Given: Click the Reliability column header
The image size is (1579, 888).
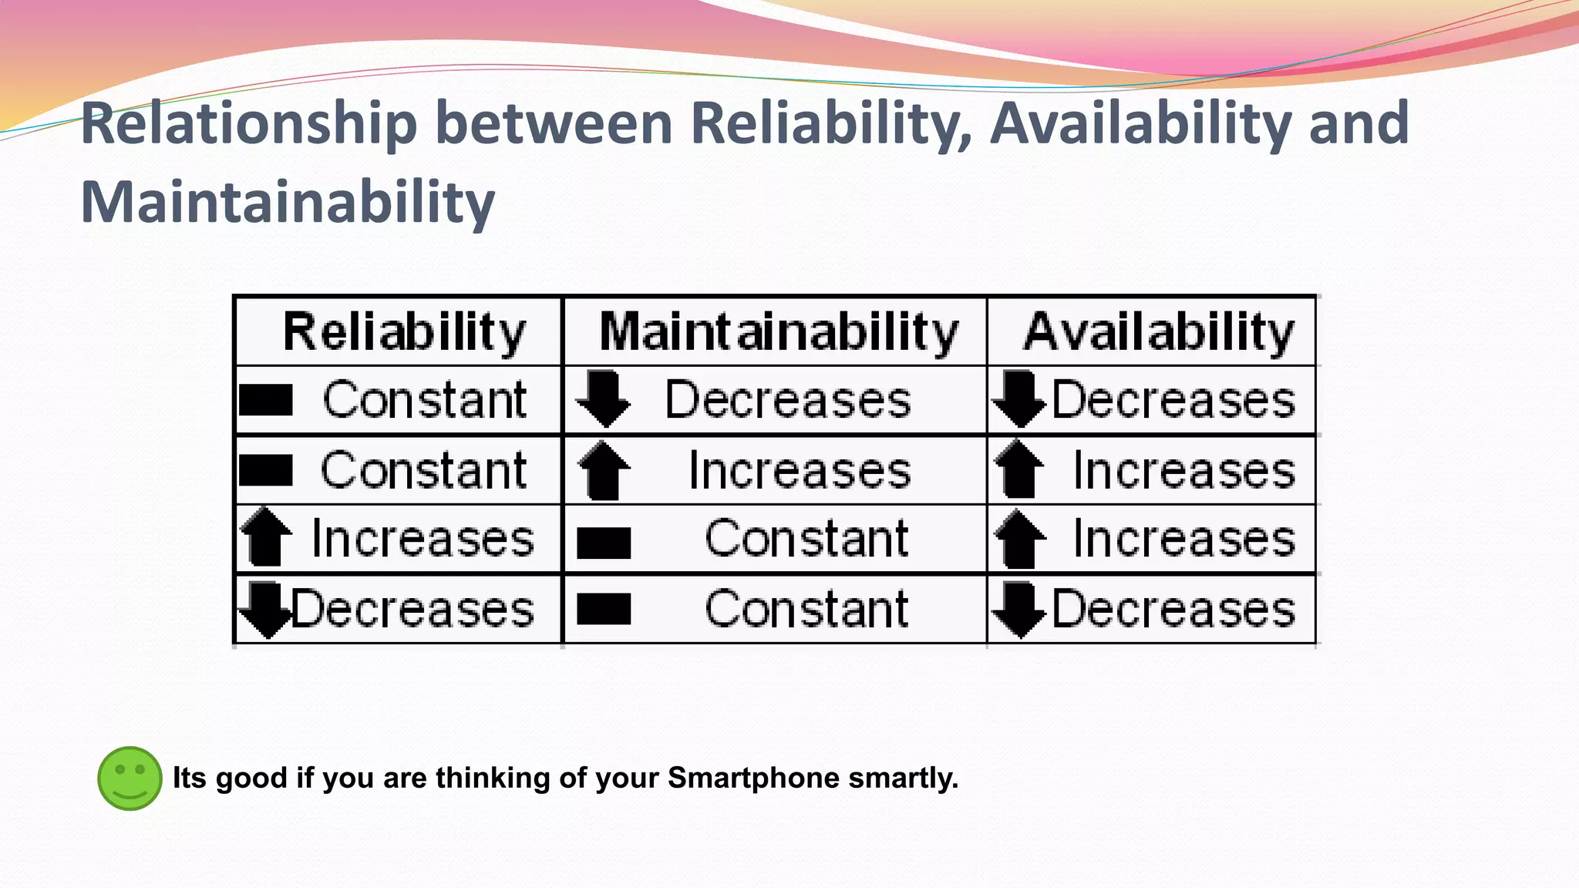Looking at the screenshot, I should point(404,332).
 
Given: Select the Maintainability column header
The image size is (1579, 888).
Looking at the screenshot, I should point(779,332).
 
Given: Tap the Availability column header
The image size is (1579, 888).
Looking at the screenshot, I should point(1158,332).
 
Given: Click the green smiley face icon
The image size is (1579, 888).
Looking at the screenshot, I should point(130,779).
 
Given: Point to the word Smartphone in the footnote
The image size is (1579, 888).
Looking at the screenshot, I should point(753,779).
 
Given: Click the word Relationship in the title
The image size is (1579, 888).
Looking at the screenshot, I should point(248,123).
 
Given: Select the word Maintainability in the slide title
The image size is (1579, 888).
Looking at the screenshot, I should point(288,202).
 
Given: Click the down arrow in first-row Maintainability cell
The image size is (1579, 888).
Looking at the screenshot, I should point(604,399).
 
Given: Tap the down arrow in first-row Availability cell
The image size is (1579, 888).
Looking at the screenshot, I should point(1019,399).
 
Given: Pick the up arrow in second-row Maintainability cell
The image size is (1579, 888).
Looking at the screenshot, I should point(604,470).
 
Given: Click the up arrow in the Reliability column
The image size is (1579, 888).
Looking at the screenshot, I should point(266,537).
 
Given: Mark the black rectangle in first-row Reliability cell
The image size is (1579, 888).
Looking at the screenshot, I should point(266,400).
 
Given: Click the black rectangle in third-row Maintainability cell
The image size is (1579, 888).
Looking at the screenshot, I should point(604,542).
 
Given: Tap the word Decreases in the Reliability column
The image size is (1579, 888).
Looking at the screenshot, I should point(412,609).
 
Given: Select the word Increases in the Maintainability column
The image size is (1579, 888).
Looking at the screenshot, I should point(800,470).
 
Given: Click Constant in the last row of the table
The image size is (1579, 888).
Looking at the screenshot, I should point(806,609).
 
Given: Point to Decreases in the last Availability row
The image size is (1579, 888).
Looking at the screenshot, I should point(1173,609).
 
